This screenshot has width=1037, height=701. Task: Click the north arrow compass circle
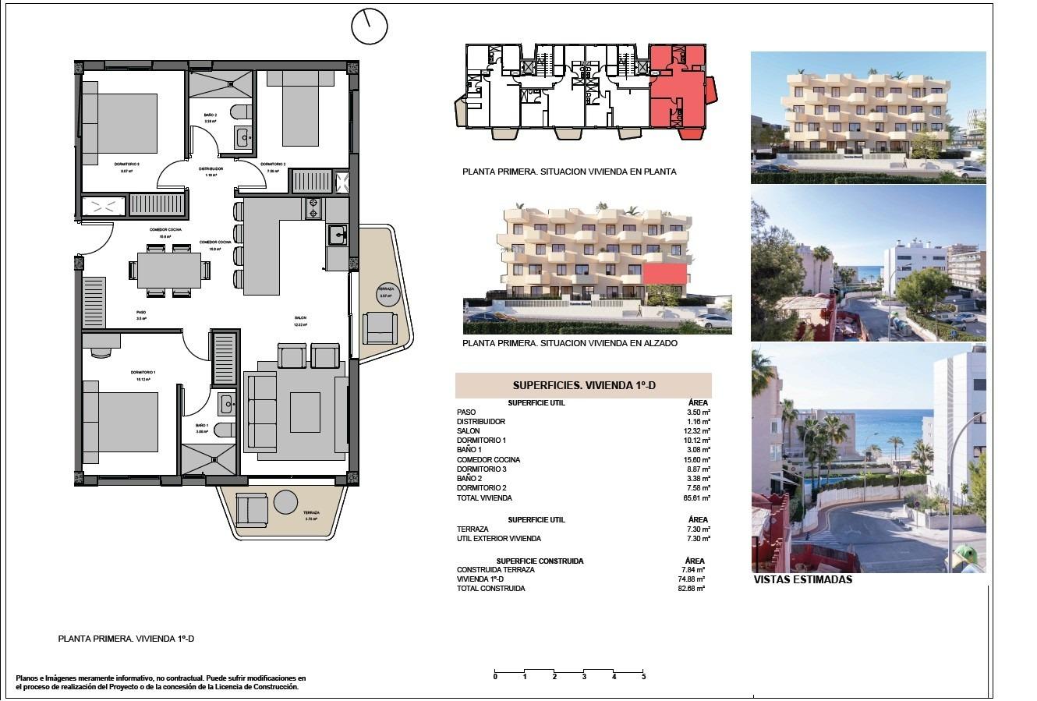coord(369,27)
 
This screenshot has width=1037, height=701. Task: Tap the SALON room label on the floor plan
coord(300,317)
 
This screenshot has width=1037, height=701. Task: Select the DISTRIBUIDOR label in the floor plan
coord(211,168)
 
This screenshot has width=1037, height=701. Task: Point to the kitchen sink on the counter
coord(337,235)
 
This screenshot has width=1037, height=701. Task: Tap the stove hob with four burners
coord(313,208)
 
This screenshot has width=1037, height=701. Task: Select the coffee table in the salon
coord(305,412)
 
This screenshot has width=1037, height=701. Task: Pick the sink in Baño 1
coord(226,403)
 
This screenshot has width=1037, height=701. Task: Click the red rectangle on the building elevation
coord(665,274)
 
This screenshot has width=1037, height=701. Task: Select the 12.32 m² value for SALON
coord(697,431)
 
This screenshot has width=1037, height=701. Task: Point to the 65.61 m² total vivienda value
coord(697,497)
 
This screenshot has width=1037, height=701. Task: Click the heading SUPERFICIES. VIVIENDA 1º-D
coord(582,385)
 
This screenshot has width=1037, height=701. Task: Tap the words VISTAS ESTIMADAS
coord(803,580)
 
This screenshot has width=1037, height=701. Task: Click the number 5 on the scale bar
coord(643,677)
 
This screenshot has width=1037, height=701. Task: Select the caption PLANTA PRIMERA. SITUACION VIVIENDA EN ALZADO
coord(570,343)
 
